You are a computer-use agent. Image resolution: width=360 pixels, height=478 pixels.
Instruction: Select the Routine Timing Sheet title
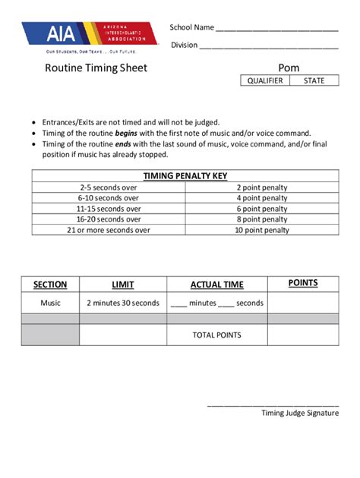click(x=96, y=68)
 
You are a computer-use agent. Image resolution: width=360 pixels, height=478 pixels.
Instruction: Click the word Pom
click(x=289, y=68)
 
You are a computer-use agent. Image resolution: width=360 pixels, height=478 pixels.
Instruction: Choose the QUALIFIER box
click(x=265, y=80)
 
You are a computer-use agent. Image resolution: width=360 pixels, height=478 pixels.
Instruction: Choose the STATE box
click(x=314, y=80)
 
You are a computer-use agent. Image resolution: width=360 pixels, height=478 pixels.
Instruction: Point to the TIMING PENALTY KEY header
click(x=185, y=176)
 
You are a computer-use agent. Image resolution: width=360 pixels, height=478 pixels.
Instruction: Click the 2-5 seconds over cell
click(x=109, y=187)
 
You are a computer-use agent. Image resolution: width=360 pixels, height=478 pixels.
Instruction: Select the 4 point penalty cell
click(x=262, y=197)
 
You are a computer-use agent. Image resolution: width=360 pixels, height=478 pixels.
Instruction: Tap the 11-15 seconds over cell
click(x=109, y=209)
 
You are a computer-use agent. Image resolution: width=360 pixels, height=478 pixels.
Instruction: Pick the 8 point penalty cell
click(x=262, y=219)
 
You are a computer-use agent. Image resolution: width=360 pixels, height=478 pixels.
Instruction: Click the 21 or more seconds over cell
click(x=109, y=230)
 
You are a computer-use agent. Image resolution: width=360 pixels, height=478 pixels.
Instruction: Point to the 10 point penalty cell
click(x=262, y=230)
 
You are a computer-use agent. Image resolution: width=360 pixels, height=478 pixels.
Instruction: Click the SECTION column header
click(x=50, y=285)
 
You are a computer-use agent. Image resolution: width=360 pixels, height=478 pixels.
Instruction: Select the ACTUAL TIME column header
click(x=216, y=285)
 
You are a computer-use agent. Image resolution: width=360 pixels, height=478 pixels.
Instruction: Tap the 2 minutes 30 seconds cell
click(x=123, y=303)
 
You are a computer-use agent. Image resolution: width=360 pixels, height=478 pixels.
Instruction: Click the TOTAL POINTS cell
click(x=216, y=335)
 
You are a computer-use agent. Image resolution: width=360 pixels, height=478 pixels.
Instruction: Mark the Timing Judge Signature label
click(x=300, y=413)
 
